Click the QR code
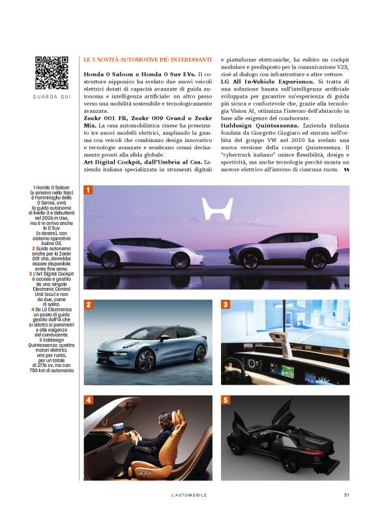pyautogui.click(x=51, y=73)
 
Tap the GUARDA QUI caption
pyautogui.click(x=51, y=98)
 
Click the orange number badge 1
pyautogui.click(x=88, y=190)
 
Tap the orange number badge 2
pyautogui.click(x=88, y=304)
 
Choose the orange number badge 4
pyautogui.click(x=88, y=400)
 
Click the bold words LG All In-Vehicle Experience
pyautogui.click(x=267, y=81)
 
